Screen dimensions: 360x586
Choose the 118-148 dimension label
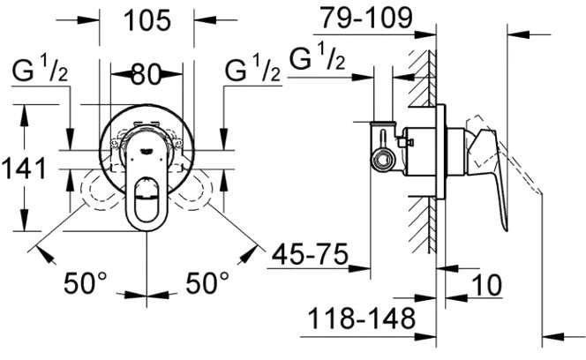point(359,317)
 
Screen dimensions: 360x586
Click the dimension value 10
point(487,284)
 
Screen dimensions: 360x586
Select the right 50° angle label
point(207,284)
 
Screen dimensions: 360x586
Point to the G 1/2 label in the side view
point(318,59)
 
